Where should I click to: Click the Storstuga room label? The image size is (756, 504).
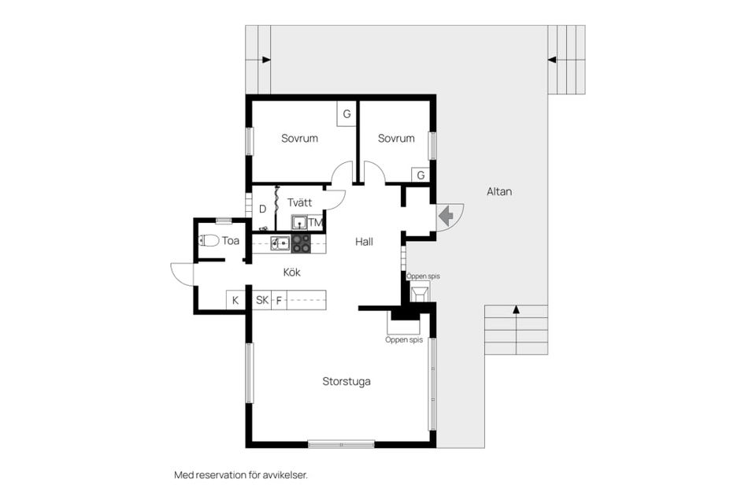pyautogui.click(x=346, y=381)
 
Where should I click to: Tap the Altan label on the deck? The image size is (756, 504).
pyautogui.click(x=499, y=191)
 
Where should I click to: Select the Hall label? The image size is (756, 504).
pyautogui.click(x=364, y=242)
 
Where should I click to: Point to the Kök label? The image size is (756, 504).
pyautogui.click(x=291, y=272)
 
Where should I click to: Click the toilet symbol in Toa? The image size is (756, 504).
pyautogui.click(x=208, y=240)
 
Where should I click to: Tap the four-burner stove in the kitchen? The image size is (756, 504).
pyautogui.click(x=301, y=243)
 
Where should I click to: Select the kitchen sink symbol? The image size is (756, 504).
pyautogui.click(x=280, y=243)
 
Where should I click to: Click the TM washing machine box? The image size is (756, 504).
pyautogui.click(x=315, y=222)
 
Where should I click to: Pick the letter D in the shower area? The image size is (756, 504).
pyautogui.click(x=263, y=209)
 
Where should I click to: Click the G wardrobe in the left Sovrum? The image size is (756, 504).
pyautogui.click(x=346, y=114)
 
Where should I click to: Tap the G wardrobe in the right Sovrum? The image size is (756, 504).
pyautogui.click(x=421, y=175)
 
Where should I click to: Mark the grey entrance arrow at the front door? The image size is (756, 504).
pyautogui.click(x=446, y=216)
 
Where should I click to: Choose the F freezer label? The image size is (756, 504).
pyautogui.click(x=279, y=301)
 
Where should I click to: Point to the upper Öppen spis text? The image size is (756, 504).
pyautogui.click(x=423, y=276)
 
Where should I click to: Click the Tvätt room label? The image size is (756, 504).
pyautogui.click(x=299, y=202)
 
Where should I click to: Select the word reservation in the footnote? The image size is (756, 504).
pyautogui.click(x=219, y=475)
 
